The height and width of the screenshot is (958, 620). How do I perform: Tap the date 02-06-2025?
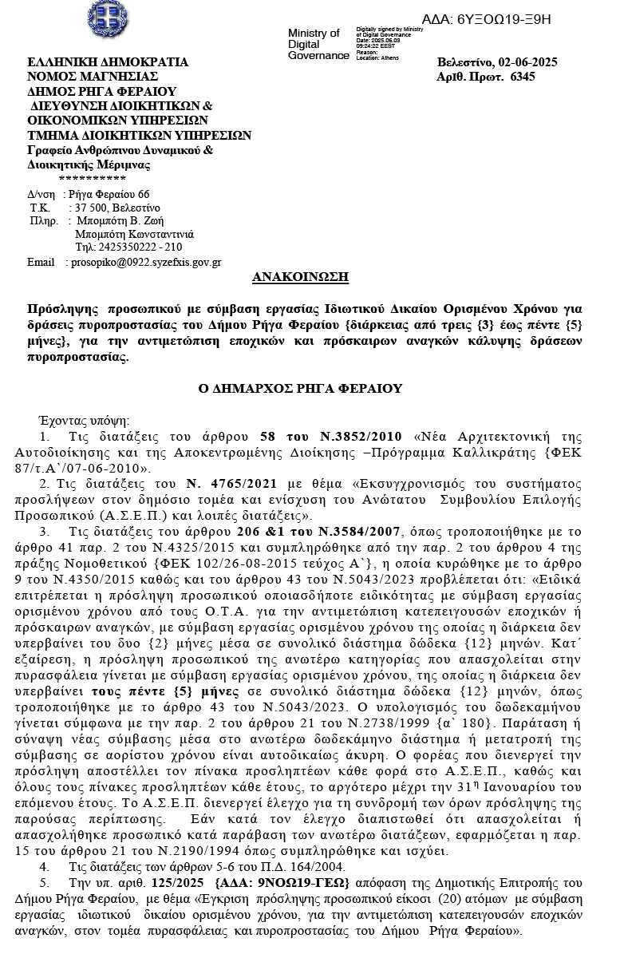pyautogui.click(x=527, y=62)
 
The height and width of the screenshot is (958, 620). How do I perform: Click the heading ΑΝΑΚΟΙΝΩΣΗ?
pyautogui.click(x=300, y=278)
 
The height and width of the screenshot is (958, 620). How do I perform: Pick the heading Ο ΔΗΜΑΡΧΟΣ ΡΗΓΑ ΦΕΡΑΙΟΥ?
pyautogui.click(x=301, y=389)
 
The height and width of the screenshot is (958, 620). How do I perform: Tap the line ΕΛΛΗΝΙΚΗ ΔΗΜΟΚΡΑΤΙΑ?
pyautogui.click(x=108, y=62)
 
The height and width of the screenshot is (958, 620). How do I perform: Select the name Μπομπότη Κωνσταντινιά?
pyautogui.click(x=134, y=234)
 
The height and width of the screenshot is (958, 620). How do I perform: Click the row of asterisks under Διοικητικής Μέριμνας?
pyautogui.click(x=93, y=178)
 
